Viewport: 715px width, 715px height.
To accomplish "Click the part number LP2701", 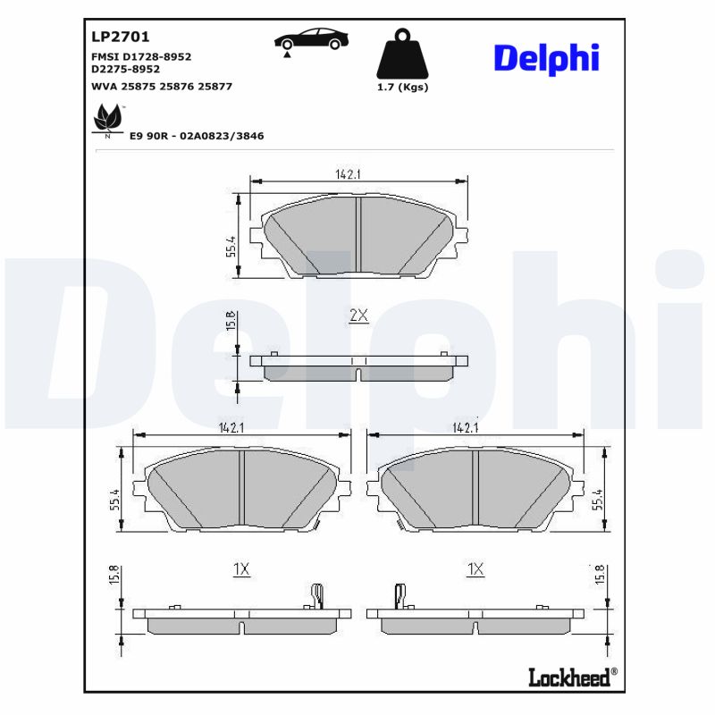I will pos(121,38).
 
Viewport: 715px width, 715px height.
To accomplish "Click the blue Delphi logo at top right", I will pos(545,58).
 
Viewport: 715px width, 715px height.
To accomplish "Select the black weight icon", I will pos(402,55).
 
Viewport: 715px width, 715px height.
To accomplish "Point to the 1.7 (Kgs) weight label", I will pos(402,87).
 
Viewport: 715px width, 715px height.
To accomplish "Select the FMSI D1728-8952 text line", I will pos(141,56).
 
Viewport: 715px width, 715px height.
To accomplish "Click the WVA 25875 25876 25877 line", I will pos(162,87).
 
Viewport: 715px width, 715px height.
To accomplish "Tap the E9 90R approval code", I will pos(197,136).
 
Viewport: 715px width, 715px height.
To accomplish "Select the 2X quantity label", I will pos(357,316).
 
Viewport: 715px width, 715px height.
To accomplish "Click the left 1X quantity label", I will pos(240,569).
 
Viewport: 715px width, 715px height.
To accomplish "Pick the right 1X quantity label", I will pos(475,569).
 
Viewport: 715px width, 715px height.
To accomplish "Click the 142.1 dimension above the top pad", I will pos(348,175).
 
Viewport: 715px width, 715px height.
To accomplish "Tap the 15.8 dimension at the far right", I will pos(600,575).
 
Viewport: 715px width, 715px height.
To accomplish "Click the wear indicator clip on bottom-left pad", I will pos(315,595).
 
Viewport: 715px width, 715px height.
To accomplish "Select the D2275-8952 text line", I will pos(125,68).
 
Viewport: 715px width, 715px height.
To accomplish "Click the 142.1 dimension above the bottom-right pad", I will pos(466,427).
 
